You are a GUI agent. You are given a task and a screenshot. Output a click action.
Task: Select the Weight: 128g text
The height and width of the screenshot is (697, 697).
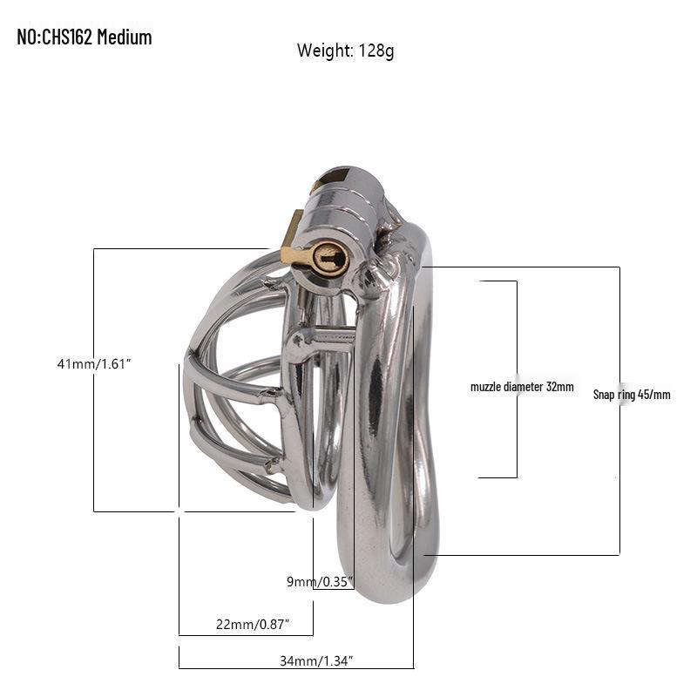(x=345, y=51)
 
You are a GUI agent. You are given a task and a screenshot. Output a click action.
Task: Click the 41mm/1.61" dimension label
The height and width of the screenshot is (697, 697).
(x=93, y=364)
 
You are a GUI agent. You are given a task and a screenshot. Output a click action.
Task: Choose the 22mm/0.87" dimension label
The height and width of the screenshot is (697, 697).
(x=253, y=624)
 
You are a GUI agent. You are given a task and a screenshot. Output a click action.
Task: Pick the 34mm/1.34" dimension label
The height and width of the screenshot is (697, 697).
(x=316, y=661)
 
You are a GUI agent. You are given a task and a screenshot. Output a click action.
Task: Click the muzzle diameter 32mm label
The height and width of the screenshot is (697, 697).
(x=522, y=386)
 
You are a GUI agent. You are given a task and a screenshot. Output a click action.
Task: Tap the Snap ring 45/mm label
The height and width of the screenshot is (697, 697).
(x=632, y=394)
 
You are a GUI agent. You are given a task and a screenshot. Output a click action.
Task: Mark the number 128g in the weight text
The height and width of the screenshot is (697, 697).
(x=376, y=51)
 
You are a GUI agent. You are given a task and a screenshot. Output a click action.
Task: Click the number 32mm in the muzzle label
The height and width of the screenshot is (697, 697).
(x=560, y=386)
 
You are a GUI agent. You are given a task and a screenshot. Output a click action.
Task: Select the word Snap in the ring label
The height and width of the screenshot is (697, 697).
(x=605, y=394)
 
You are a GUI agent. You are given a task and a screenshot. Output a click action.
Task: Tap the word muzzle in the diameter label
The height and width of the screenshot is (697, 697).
(x=485, y=386)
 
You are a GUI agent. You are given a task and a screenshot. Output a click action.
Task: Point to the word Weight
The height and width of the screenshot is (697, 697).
(x=323, y=51)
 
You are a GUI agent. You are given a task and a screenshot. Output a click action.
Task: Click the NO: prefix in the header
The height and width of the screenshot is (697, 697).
(x=29, y=37)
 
